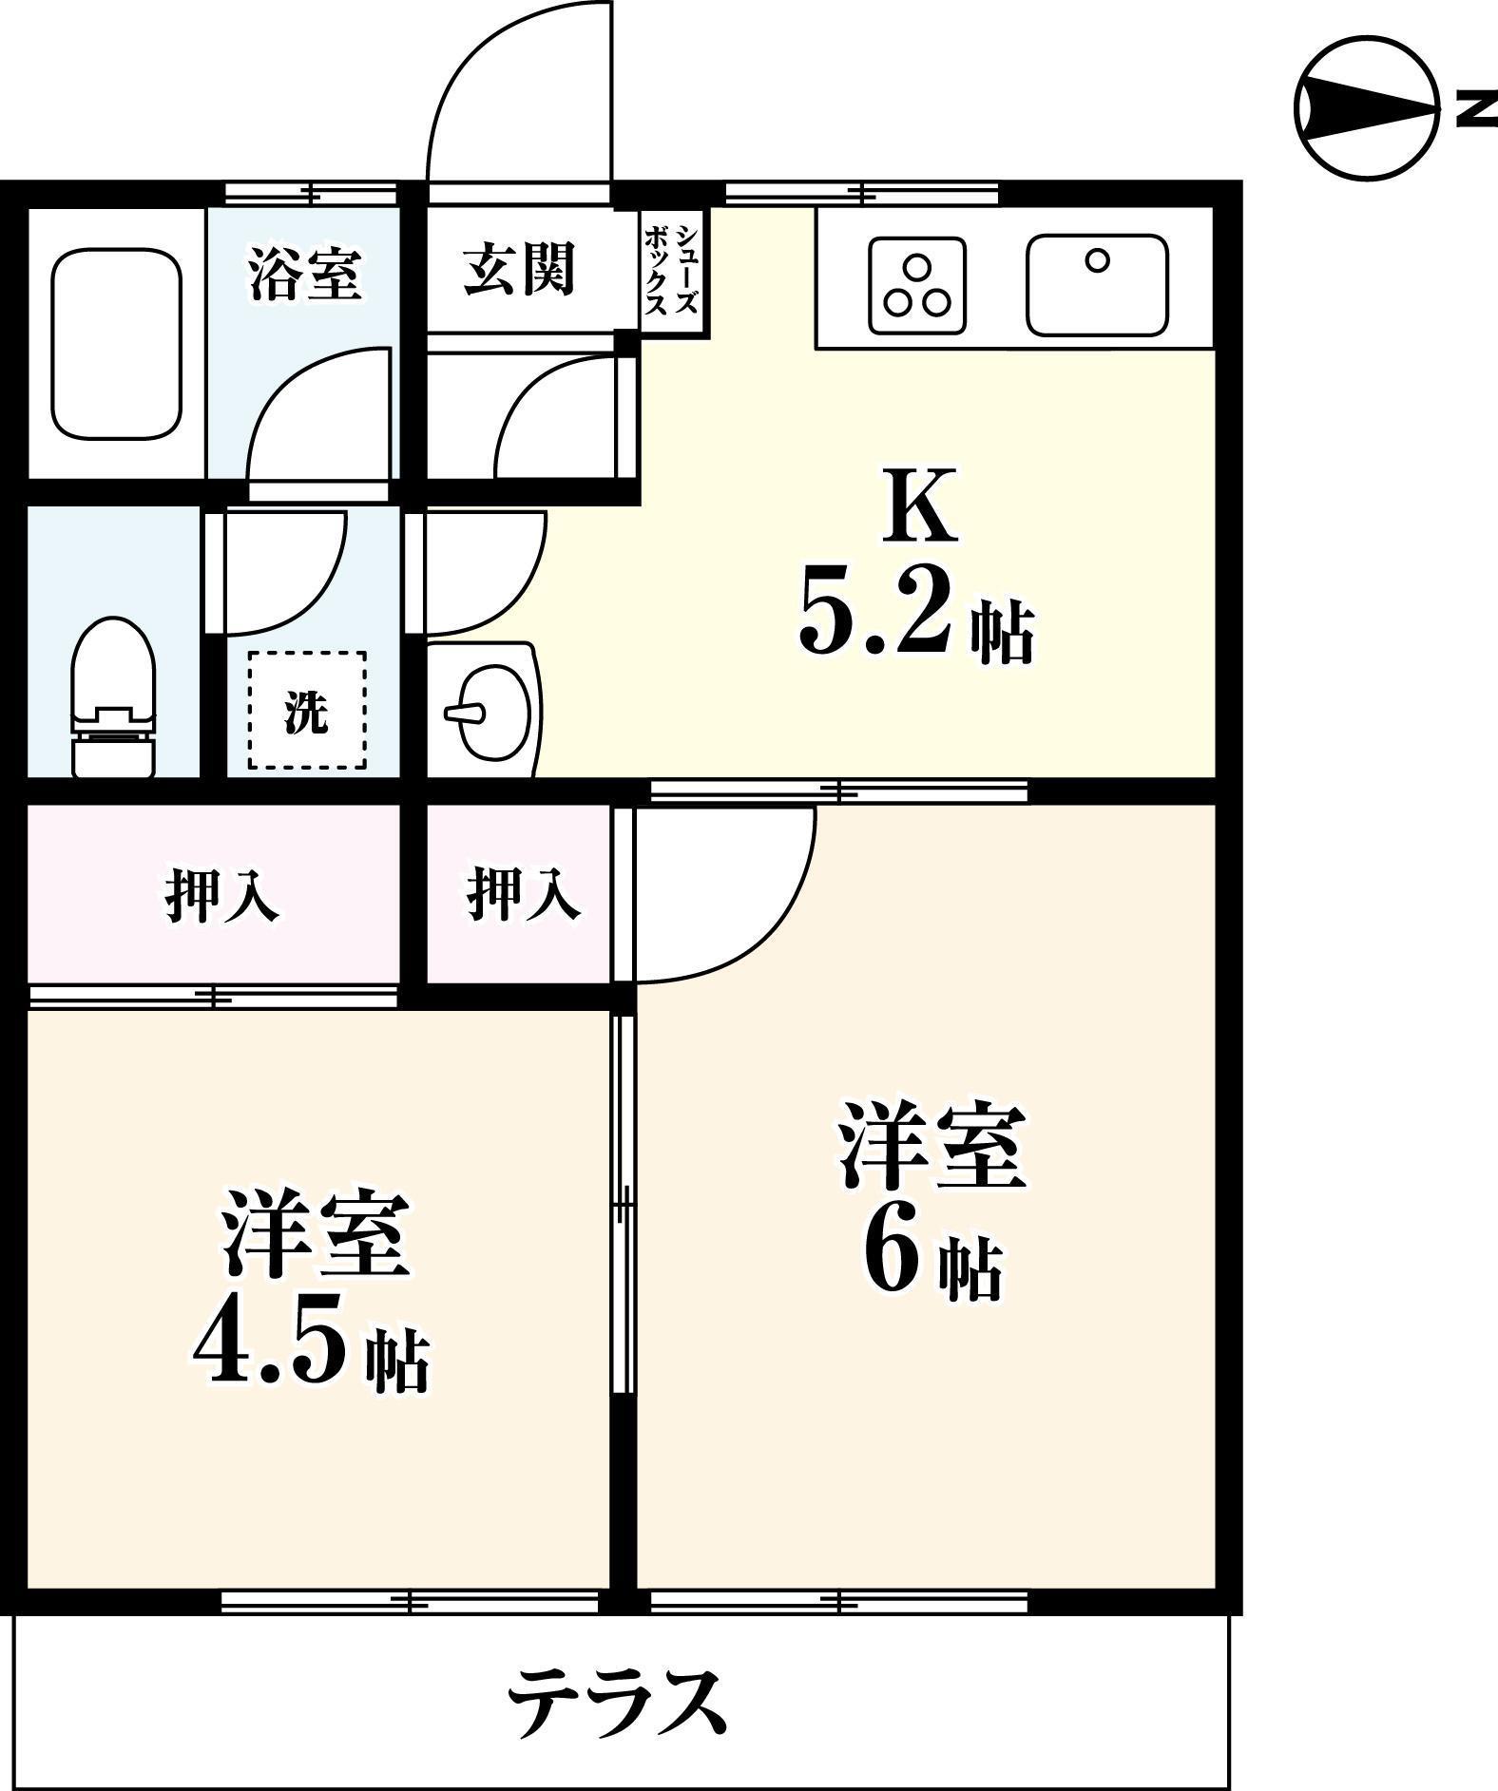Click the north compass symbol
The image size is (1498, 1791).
(x=1367, y=108)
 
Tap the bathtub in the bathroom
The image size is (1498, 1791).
(x=116, y=344)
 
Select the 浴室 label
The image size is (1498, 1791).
(x=304, y=273)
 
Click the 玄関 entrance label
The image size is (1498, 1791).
(x=519, y=269)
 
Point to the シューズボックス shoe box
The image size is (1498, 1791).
(x=673, y=272)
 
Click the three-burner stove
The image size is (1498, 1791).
(x=916, y=285)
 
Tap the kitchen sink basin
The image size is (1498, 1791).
(x=1097, y=285)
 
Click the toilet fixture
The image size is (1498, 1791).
(x=113, y=697)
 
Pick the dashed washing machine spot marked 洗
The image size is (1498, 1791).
(x=307, y=710)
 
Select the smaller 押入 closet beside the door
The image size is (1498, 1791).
(x=521, y=893)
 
